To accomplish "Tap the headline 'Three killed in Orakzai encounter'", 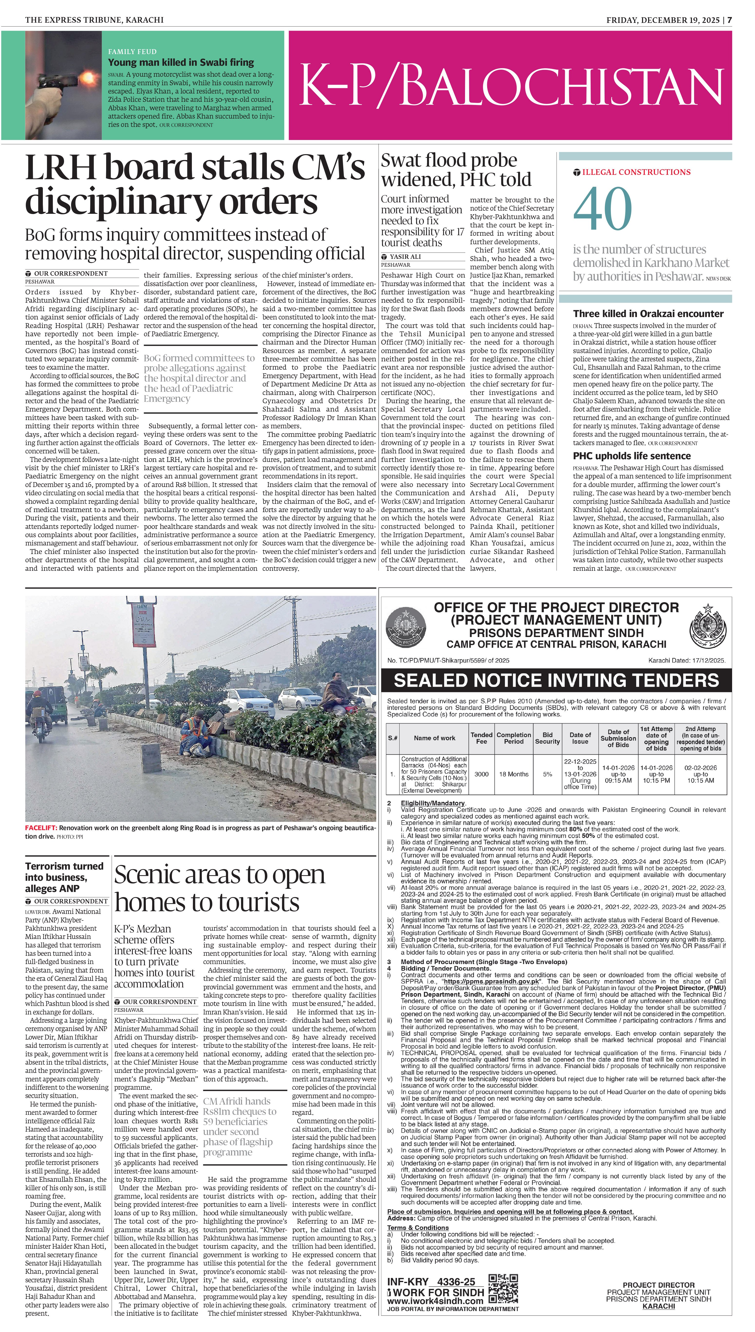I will (x=648, y=314).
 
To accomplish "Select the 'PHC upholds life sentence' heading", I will (x=632, y=456).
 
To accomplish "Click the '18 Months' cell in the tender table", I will (x=513, y=774).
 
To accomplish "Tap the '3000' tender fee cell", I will (x=481, y=774).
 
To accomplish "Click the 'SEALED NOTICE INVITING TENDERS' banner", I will (x=556, y=680).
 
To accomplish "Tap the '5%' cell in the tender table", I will (x=547, y=774).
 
